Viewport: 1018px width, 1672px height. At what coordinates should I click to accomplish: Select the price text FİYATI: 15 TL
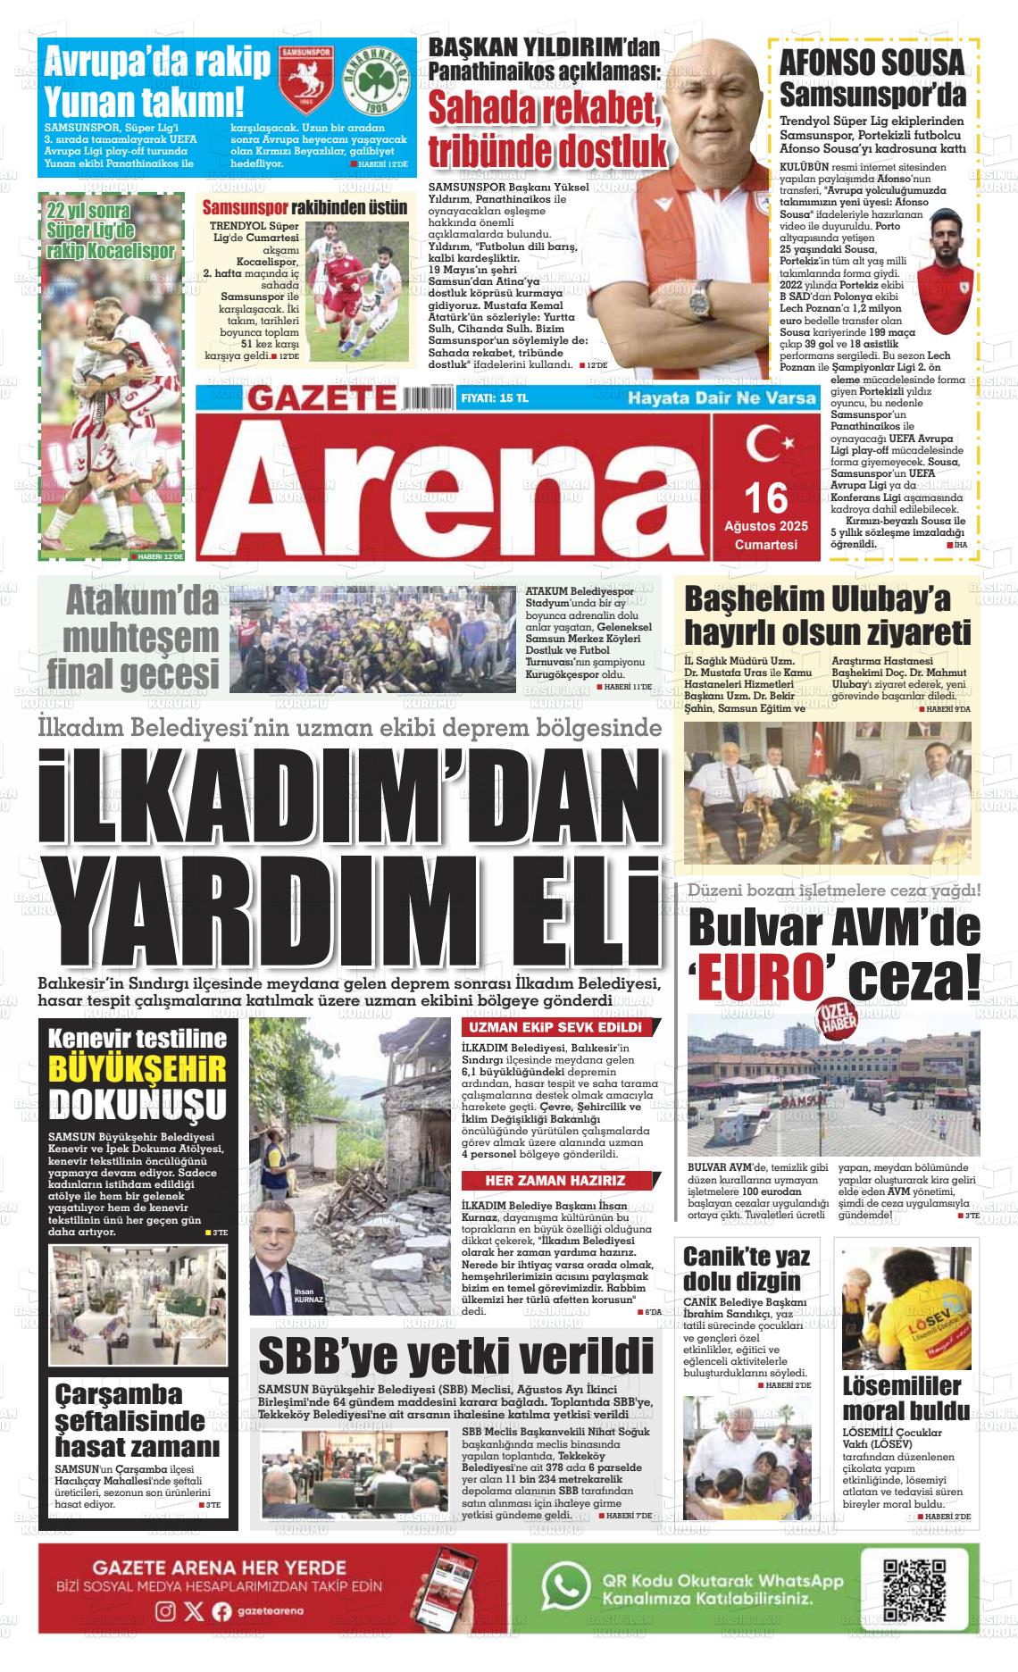tap(494, 398)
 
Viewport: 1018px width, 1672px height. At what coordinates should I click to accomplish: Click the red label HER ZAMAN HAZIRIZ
tap(555, 1180)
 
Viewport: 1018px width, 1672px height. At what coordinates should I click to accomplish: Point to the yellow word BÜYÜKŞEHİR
tap(138, 1069)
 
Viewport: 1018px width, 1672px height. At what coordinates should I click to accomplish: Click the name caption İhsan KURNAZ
tap(308, 1296)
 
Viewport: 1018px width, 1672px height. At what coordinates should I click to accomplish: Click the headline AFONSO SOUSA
tap(872, 63)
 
